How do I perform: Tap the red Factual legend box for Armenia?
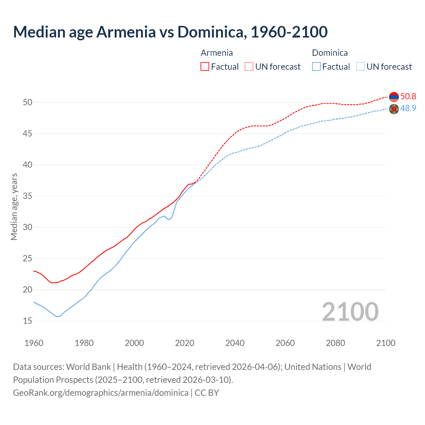tap(205, 66)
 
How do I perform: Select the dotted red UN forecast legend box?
tap(249, 66)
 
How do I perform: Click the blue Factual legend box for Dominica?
tap(316, 66)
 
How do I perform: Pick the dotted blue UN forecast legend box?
tap(361, 66)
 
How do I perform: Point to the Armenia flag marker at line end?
tap(394, 97)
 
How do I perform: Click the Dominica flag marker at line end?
tap(394, 109)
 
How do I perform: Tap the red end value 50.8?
tap(408, 96)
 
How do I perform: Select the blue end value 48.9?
tap(408, 108)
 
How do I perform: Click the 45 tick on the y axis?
tap(28, 134)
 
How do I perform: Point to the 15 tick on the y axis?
tap(28, 321)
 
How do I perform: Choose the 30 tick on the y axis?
tap(28, 227)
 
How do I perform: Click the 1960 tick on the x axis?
tap(34, 343)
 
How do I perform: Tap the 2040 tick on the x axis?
tap(235, 343)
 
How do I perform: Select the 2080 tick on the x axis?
tap(335, 343)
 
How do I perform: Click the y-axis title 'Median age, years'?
tap(14, 207)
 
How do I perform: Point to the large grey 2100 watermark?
tap(350, 311)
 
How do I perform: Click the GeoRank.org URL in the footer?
tap(101, 393)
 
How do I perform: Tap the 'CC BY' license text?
tap(207, 393)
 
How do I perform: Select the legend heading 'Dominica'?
tap(330, 53)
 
